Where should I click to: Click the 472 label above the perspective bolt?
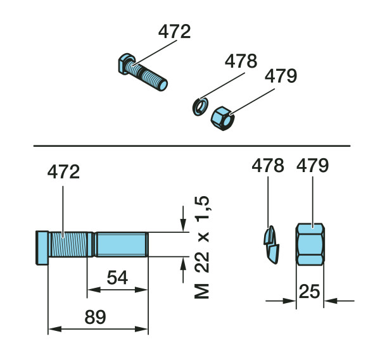(x=175, y=32)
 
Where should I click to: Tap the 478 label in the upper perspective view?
(x=241, y=61)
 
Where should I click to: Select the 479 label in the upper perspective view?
(x=281, y=76)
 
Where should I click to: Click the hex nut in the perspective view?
(x=222, y=118)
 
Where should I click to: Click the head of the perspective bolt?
(x=126, y=63)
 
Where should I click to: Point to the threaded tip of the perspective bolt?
(x=162, y=85)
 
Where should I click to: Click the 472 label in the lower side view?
(x=63, y=172)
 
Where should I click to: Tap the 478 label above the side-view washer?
(x=268, y=166)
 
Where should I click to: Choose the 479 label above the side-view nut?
(x=312, y=166)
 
